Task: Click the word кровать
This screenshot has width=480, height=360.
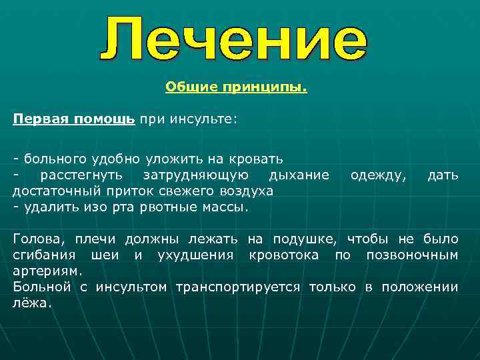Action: (x=259, y=159)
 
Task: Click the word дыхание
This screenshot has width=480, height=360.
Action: (x=298, y=175)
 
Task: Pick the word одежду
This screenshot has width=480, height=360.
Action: (x=377, y=175)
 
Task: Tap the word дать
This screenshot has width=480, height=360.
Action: (x=443, y=175)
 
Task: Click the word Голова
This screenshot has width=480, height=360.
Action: (x=35, y=239)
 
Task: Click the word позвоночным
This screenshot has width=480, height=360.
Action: (x=416, y=255)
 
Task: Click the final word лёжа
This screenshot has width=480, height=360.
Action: (x=31, y=303)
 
